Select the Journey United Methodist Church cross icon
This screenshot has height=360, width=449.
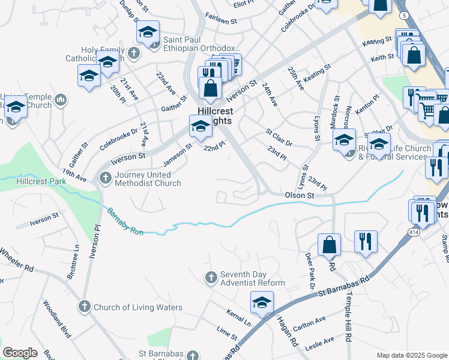click(106, 177)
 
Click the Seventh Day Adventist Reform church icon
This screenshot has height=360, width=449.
click(211, 277)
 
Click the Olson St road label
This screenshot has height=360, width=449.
click(300, 195)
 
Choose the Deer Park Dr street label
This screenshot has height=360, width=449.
click(310, 269)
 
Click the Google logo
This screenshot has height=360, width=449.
click(20, 353)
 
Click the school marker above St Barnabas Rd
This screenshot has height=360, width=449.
click(261, 303)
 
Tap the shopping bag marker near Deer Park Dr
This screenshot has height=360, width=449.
click(329, 245)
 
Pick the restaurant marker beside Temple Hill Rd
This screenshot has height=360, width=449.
click(366, 242)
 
